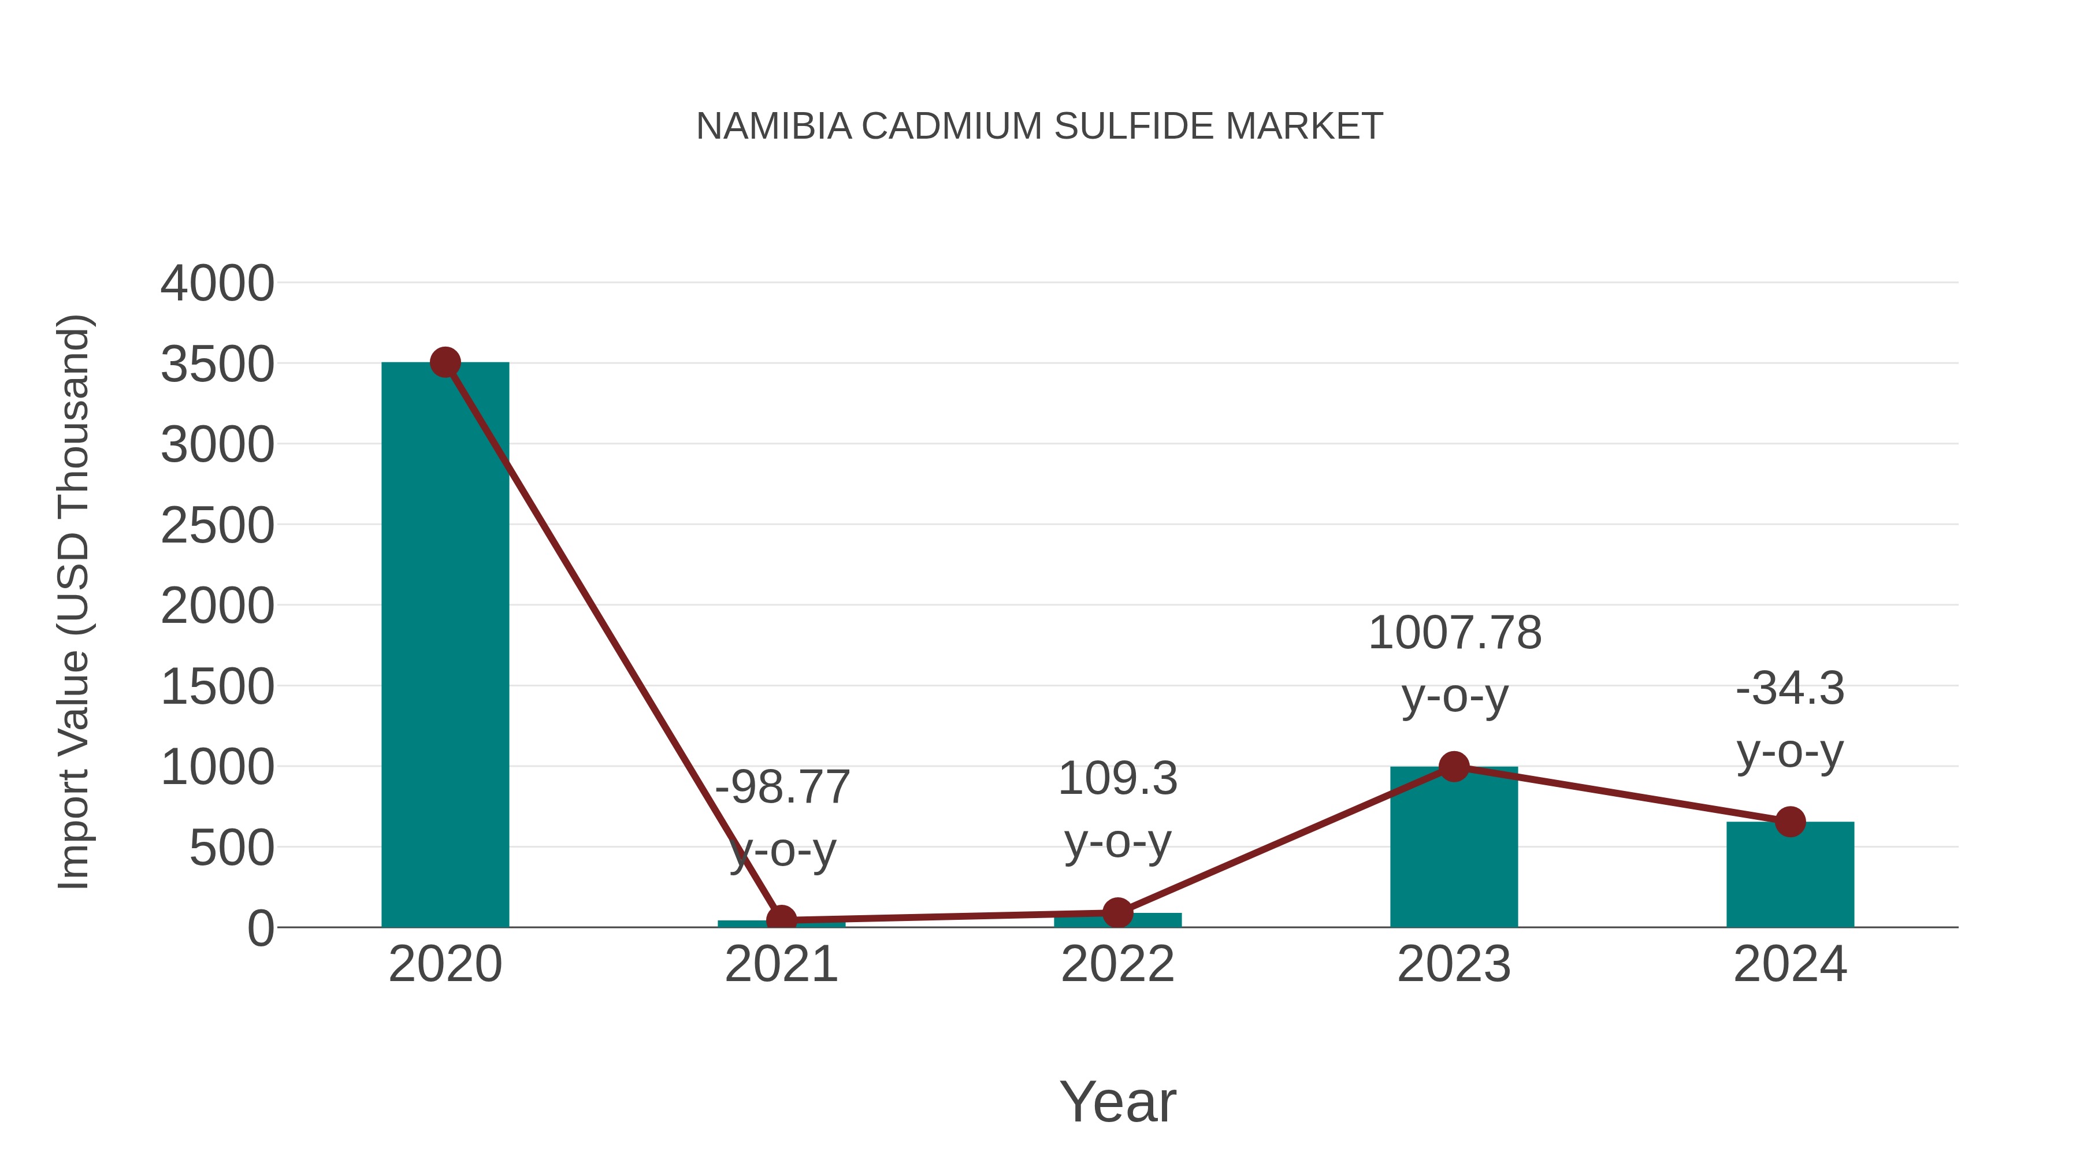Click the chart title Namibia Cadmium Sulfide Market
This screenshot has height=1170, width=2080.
[1039, 127]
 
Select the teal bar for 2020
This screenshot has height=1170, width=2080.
[445, 646]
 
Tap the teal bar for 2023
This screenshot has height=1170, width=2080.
[1454, 848]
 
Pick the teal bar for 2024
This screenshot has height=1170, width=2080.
[1790, 876]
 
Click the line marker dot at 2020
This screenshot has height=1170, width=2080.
[445, 362]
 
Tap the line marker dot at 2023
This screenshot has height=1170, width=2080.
[1454, 766]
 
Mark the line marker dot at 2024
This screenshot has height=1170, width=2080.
[1790, 822]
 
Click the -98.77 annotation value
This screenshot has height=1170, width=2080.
[782, 788]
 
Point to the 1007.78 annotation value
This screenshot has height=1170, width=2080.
[1455, 633]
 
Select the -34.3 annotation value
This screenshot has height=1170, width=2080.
[1790, 689]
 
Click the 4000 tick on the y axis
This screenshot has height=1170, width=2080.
[217, 284]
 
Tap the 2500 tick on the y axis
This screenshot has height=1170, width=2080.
[217, 526]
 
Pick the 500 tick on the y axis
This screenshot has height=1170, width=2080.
[231, 849]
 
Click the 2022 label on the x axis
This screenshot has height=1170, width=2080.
[1117, 965]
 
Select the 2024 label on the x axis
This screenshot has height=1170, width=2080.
[1790, 965]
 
